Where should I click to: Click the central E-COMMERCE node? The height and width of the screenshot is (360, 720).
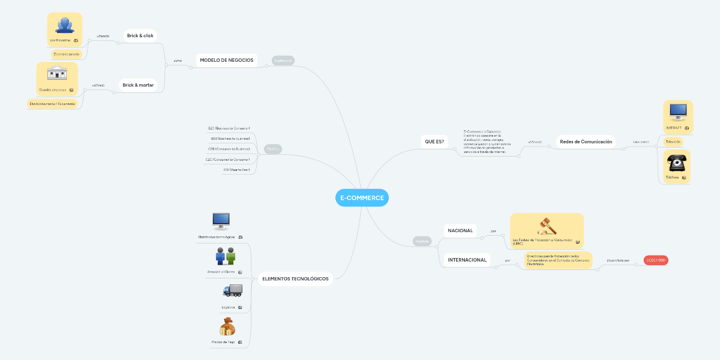362,197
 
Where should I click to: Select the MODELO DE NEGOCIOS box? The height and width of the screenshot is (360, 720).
226,60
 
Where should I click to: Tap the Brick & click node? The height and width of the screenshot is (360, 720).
140,36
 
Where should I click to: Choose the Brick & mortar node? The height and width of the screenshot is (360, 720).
138,85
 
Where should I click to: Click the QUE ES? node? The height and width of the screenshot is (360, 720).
434,142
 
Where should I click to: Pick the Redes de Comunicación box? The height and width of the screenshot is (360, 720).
586,142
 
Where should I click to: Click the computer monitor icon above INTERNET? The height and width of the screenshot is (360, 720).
677,112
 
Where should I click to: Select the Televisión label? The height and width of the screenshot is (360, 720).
673,142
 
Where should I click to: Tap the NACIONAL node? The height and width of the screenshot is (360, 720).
460,230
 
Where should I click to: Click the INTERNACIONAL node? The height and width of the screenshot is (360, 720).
467,260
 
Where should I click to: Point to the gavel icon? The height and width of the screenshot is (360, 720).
546,226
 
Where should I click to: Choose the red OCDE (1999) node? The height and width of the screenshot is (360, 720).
655,260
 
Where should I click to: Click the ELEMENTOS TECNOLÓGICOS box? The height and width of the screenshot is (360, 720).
295,278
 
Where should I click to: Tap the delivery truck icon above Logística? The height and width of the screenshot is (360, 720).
232,290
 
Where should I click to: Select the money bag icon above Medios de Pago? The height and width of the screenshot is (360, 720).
226,328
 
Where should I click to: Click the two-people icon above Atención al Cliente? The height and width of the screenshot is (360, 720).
226,256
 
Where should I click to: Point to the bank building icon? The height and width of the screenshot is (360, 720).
57,74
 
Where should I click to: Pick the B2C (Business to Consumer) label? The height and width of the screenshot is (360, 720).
229,128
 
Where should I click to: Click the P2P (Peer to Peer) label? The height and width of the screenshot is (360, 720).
236,170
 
